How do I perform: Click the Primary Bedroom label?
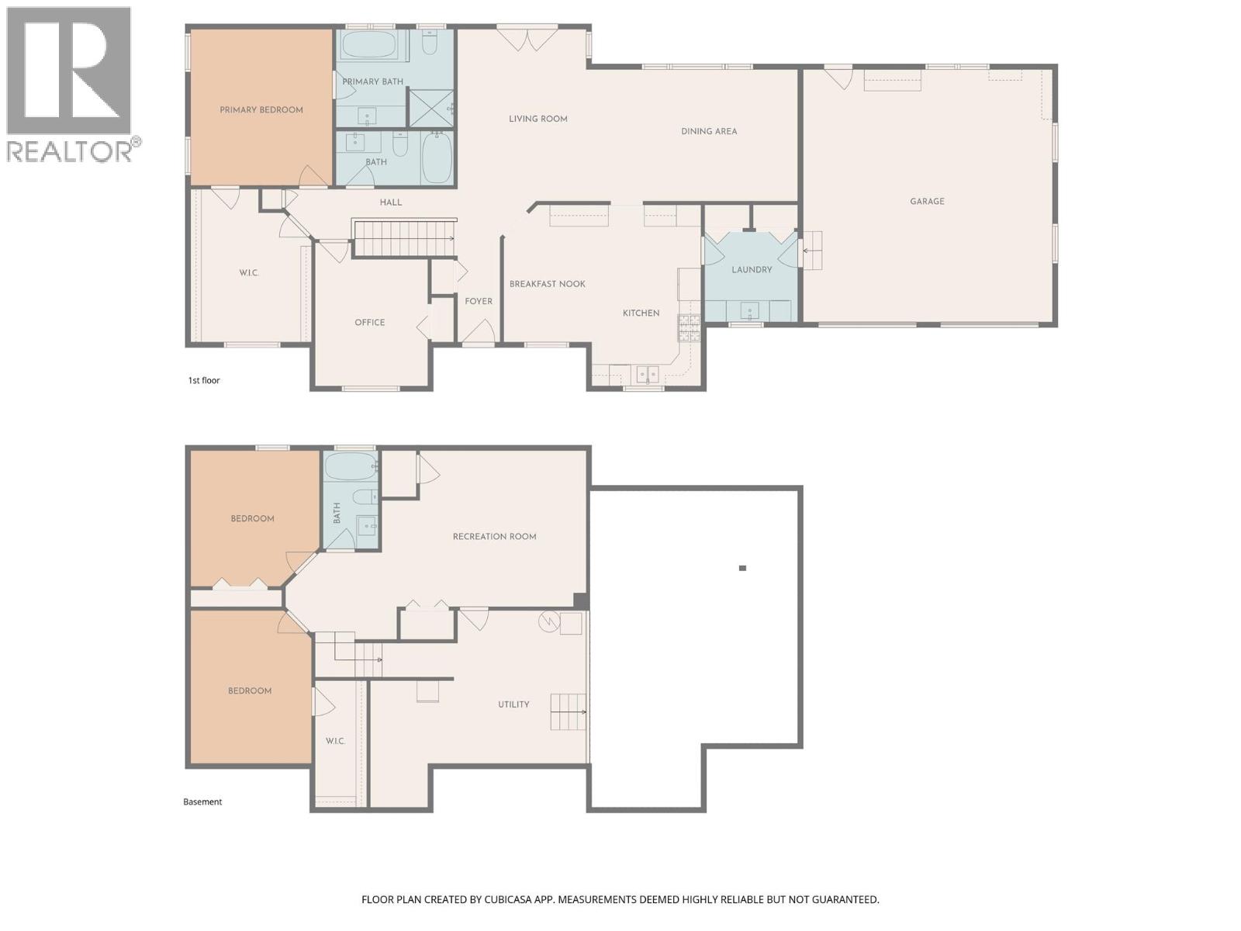261,110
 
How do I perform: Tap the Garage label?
927,202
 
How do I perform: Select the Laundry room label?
752,270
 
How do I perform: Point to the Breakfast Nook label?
547,284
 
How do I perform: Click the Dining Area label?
709,132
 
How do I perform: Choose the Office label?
369,323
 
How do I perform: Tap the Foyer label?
478,302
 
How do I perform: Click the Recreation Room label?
494,537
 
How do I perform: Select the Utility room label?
513,705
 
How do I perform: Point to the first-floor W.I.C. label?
249,273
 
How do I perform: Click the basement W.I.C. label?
335,742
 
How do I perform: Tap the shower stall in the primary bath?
430,108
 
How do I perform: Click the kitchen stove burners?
689,328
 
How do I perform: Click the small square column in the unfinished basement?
742,569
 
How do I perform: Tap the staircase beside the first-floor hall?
403,238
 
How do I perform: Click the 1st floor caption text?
204,381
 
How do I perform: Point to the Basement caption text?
202,802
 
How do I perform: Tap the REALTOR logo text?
70,151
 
